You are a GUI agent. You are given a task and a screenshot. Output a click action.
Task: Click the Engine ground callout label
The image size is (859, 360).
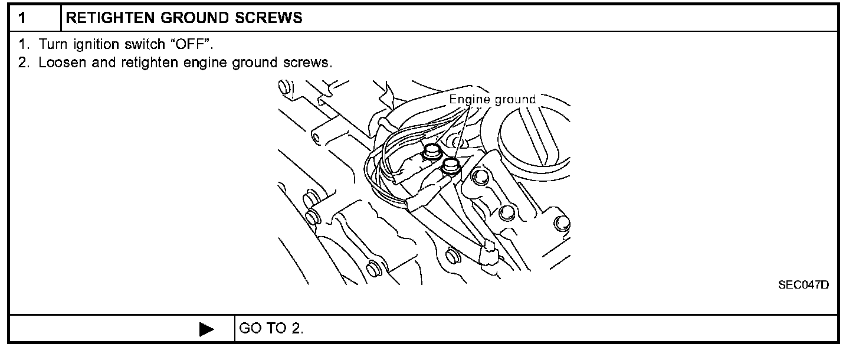492,99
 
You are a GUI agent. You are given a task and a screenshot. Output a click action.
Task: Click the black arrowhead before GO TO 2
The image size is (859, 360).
206,329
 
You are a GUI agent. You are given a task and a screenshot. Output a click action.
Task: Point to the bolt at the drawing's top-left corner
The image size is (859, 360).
285,88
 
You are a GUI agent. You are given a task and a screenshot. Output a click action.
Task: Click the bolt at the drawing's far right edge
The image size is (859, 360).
563,223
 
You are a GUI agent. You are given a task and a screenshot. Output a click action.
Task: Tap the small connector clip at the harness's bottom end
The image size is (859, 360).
489,256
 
